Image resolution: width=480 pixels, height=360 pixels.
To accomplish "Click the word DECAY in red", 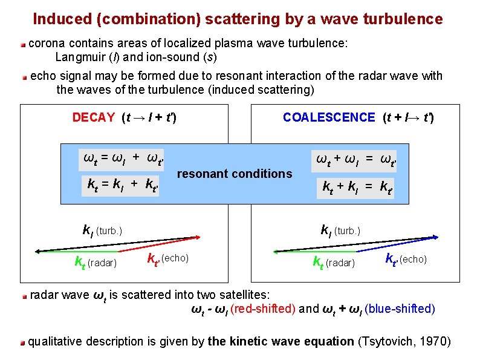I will (93, 117).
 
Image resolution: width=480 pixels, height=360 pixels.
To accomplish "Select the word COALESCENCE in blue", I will (329, 117).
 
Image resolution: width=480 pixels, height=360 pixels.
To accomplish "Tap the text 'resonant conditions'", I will (234, 174).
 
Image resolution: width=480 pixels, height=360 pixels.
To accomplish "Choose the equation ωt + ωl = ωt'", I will (355, 161).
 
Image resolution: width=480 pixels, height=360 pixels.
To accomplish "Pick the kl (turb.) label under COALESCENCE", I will (340, 231).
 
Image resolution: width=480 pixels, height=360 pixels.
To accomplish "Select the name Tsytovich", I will (385, 342).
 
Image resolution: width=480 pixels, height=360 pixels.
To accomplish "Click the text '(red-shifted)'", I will (262, 309).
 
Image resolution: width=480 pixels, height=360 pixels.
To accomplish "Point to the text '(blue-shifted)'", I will (400, 309).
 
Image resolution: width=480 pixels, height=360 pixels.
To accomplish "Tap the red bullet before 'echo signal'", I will (24, 77).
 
